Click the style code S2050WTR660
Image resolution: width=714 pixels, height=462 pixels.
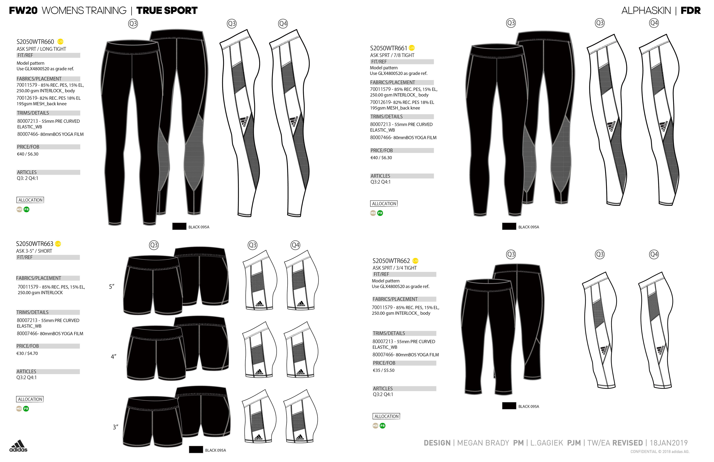(35, 42)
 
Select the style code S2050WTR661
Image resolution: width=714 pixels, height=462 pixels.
(388, 48)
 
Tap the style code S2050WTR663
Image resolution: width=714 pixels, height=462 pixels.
(34, 244)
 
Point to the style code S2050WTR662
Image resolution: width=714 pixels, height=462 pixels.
(391, 261)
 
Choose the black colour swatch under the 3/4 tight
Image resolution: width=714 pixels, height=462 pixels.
(509, 406)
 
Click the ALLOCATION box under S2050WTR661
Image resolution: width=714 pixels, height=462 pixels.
(384, 204)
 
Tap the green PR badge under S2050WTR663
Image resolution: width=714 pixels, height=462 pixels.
(26, 409)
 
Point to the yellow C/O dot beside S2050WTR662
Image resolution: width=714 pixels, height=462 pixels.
(415, 261)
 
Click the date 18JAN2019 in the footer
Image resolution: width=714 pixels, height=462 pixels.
(668, 443)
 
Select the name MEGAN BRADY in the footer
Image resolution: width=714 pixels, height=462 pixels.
(483, 443)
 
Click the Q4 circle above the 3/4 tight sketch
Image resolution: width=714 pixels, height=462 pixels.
(654, 254)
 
